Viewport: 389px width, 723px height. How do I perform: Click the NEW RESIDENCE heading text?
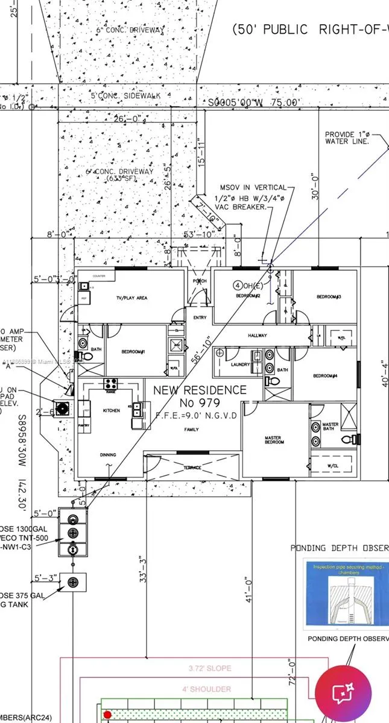(x=200, y=390)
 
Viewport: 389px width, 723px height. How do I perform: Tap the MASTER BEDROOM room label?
(x=274, y=440)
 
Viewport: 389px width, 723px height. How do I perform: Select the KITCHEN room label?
(x=111, y=410)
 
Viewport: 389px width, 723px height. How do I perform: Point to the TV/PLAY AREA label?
(x=131, y=298)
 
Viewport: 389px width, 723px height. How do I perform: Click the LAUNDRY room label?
(x=240, y=364)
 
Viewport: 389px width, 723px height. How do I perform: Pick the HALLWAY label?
(x=257, y=336)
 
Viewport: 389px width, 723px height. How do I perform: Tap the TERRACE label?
(x=192, y=468)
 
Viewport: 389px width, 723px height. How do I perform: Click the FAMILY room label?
(x=191, y=429)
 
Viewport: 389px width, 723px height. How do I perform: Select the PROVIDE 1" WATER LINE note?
(x=345, y=138)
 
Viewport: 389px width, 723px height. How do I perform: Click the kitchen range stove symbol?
(x=110, y=383)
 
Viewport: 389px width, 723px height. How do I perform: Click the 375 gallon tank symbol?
(x=73, y=582)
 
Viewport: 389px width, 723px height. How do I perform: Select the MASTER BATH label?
(x=330, y=426)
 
